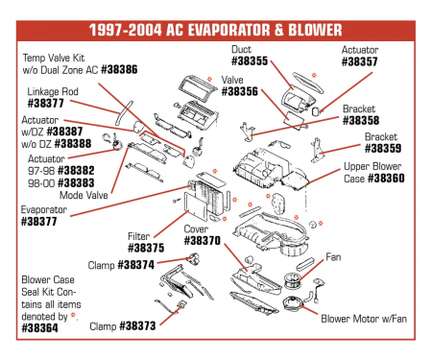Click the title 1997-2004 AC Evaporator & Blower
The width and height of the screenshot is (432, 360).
coord(216,27)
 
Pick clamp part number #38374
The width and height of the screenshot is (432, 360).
coord(135,264)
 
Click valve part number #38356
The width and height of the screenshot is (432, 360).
coord(239,92)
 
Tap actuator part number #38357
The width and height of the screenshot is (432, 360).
coord(359,60)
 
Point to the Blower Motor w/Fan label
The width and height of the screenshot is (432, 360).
coord(363,318)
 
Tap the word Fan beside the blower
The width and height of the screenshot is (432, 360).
coord(333,257)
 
